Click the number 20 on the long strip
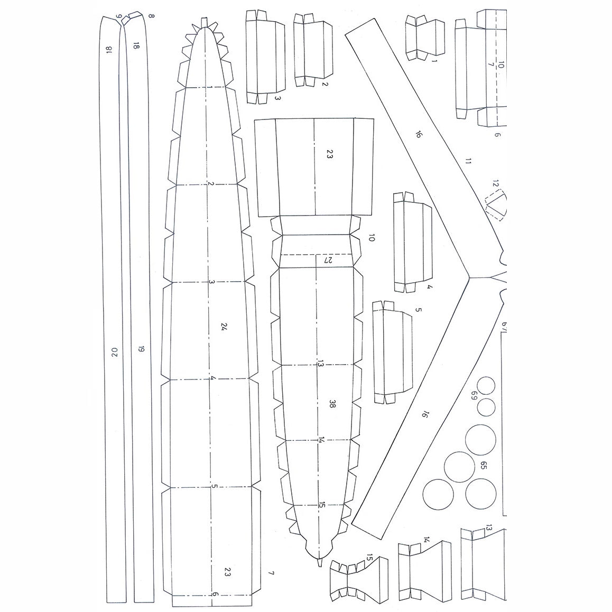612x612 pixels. point(114,352)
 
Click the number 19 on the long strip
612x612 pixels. point(141,349)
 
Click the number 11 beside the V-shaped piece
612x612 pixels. point(467,161)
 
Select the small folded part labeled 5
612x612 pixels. point(392,351)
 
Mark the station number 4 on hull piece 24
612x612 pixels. point(212,379)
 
